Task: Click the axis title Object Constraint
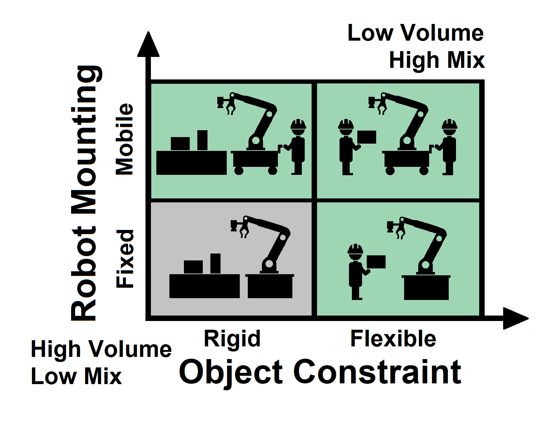(x=320, y=372)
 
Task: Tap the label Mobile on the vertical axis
(x=124, y=139)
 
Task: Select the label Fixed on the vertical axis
(x=124, y=258)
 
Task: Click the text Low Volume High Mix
(x=416, y=46)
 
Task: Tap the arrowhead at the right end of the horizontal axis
(x=515, y=318)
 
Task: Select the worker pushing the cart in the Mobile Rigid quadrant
(x=297, y=147)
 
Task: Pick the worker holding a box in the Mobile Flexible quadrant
(x=346, y=147)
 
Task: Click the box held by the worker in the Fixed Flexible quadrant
(x=376, y=262)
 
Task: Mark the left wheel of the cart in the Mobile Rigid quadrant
(x=239, y=170)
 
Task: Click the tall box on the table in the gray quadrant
(x=215, y=263)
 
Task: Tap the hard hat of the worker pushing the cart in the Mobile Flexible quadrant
(x=450, y=124)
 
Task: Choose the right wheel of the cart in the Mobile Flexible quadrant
(x=424, y=170)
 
